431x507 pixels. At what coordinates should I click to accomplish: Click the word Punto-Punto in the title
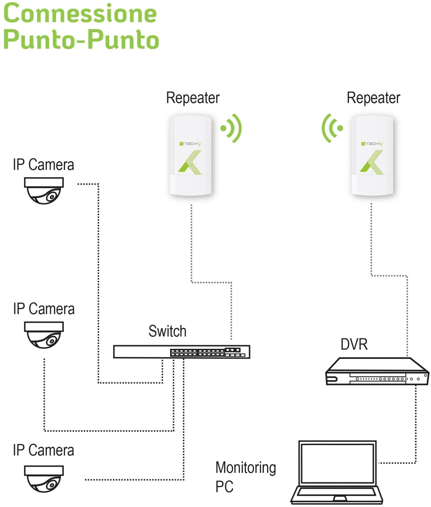(x=81, y=40)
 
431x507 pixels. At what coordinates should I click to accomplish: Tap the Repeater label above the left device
(x=193, y=98)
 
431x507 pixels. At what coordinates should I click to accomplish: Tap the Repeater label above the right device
(x=373, y=98)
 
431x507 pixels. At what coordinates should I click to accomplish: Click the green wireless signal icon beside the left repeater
(x=231, y=128)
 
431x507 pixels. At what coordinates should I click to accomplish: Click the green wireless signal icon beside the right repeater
(x=332, y=128)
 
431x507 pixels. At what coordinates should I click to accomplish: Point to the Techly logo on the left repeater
(x=191, y=144)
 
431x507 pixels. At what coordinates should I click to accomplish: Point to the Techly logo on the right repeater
(x=372, y=144)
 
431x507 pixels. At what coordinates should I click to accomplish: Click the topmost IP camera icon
(x=44, y=191)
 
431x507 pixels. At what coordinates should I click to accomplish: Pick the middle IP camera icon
(x=44, y=335)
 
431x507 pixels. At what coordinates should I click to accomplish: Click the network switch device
(x=182, y=352)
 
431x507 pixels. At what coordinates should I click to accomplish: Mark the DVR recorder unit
(x=377, y=371)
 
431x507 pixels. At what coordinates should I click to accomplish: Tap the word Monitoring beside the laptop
(x=245, y=468)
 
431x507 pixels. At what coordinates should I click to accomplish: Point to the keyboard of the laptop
(x=337, y=491)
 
